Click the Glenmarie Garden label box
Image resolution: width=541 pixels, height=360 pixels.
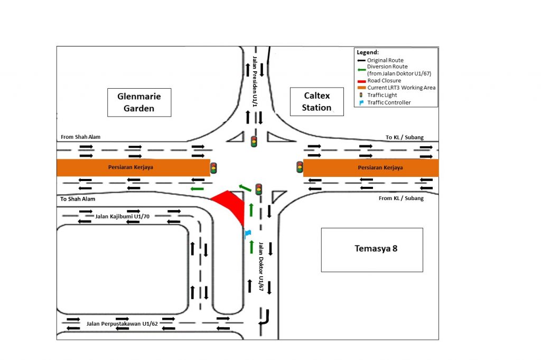click(139, 102)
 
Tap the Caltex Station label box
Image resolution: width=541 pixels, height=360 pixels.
click(318, 102)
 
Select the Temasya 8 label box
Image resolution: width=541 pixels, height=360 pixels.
click(372, 249)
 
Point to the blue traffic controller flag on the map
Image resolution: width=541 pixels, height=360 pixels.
click(247, 233)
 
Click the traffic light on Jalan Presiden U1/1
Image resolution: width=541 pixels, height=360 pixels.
click(254, 141)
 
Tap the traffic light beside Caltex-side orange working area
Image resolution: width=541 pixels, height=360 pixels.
click(300, 167)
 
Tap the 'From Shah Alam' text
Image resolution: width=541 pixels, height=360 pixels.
click(80, 137)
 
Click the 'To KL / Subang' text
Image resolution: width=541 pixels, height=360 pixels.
click(405, 137)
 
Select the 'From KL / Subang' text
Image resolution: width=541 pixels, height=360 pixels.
click(402, 198)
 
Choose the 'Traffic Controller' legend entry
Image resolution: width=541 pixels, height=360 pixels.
click(388, 102)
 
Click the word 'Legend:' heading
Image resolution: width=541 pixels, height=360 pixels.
click(368, 53)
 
